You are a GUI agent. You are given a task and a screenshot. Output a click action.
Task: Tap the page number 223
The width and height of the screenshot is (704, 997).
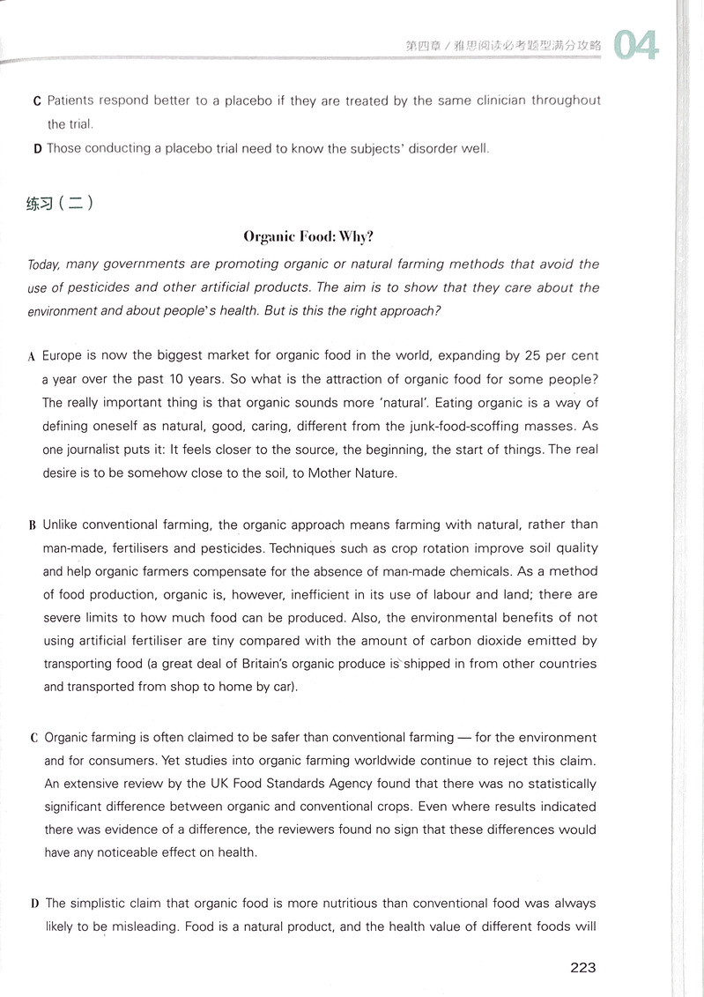583,967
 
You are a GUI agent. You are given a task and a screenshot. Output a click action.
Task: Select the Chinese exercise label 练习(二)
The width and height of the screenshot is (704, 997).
60,204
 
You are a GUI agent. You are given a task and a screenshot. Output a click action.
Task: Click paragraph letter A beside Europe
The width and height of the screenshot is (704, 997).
31,357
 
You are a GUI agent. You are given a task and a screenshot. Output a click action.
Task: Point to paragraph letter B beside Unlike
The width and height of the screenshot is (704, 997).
32,525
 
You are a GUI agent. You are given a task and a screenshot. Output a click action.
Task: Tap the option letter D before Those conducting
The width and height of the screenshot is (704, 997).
37,149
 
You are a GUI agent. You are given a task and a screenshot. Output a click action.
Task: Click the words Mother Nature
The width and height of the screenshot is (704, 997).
357,472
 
